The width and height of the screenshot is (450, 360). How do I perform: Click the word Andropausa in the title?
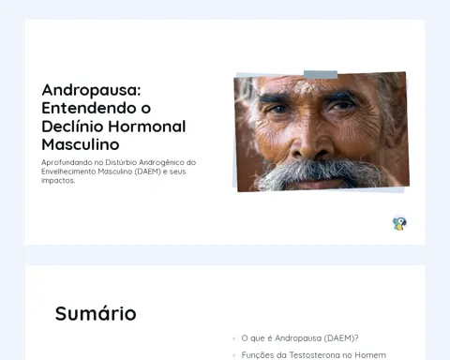(91, 91)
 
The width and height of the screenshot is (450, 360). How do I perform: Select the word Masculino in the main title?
(81, 144)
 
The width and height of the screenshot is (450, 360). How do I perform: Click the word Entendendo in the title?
(88, 108)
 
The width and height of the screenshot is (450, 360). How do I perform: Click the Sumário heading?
(96, 313)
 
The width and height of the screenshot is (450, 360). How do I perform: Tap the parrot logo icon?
(399, 223)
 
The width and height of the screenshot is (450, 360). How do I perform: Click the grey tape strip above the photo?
(321, 75)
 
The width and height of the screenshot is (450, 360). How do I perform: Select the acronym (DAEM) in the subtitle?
(148, 172)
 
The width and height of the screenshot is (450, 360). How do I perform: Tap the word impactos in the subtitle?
(58, 181)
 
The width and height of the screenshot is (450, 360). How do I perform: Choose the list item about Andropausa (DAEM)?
(300, 338)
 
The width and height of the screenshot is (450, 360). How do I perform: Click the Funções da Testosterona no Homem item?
(314, 355)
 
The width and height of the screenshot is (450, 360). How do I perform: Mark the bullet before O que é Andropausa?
(234, 338)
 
